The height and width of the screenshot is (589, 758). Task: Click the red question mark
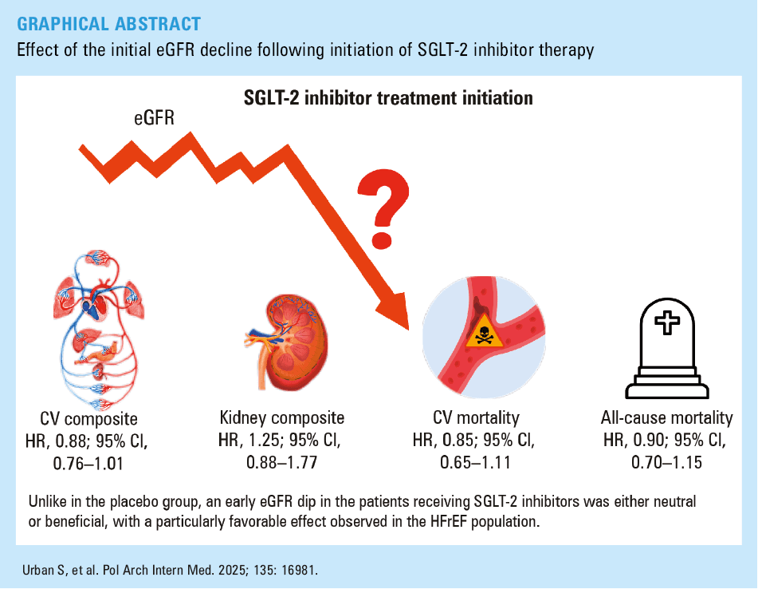383,208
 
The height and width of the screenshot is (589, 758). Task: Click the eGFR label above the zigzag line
154,117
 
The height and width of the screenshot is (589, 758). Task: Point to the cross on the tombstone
666,322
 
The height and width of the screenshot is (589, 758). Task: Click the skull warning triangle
484,331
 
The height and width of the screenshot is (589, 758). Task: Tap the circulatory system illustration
99,329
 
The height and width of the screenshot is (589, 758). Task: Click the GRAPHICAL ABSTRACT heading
108,24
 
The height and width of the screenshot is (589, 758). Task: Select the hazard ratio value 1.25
265,440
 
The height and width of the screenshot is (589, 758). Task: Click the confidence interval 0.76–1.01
88,464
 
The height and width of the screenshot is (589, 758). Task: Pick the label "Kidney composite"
282,417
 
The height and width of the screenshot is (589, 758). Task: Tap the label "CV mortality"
476,417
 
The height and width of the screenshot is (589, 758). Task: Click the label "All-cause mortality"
666,417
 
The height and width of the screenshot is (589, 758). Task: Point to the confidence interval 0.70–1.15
666,462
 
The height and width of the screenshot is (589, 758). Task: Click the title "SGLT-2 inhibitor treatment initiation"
388,97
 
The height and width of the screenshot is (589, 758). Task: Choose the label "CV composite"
88,419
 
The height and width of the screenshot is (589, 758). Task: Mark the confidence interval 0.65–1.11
475,462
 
